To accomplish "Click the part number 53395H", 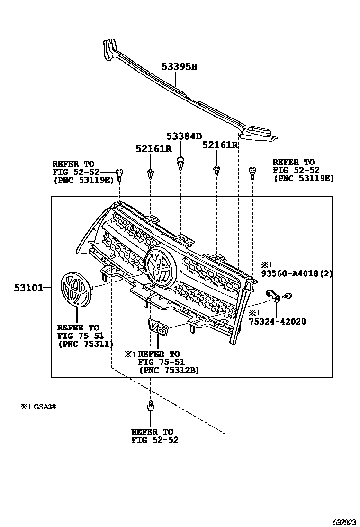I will coord(179,67).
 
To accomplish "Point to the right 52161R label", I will coord(220,145).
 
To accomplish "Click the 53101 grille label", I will coord(29,287).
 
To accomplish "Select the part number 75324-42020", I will coord(278,322).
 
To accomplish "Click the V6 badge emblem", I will coord(156,327).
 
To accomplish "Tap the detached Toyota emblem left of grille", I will coord(75,289).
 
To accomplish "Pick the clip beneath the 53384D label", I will coord(180,162).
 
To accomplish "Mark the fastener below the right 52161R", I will coord(216,170).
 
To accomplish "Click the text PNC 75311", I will coord(85,345).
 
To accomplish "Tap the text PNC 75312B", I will coord(169,371).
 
